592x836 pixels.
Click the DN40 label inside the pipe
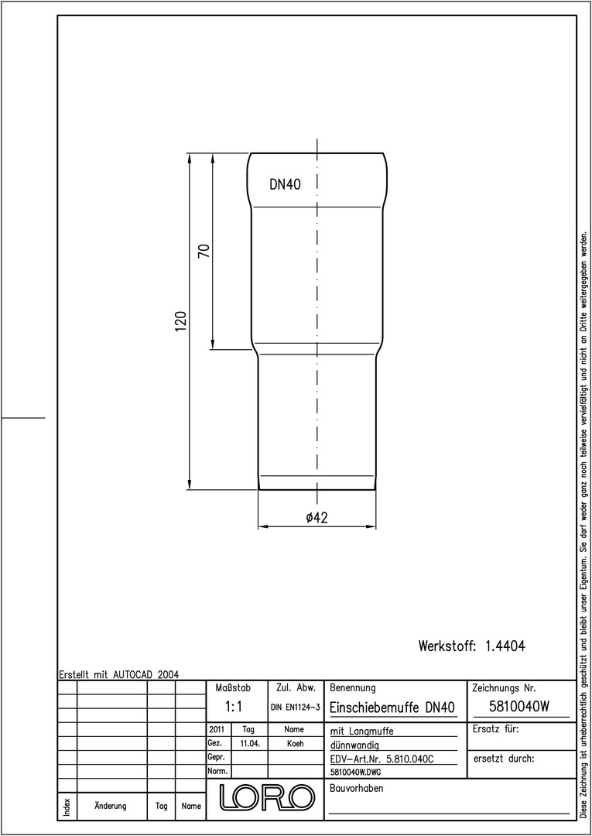(x=285, y=184)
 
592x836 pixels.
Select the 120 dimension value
(x=181, y=321)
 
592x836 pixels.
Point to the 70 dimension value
(x=205, y=251)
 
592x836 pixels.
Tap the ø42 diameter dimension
(x=317, y=517)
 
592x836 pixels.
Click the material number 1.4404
(x=505, y=646)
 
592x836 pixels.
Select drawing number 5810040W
(x=518, y=707)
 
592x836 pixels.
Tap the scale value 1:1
(x=234, y=707)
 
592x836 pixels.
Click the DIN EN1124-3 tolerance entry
(x=295, y=708)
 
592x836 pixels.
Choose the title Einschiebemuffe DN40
(x=392, y=708)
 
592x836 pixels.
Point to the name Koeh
(x=295, y=744)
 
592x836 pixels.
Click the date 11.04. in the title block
(x=249, y=744)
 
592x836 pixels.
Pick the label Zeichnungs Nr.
(x=504, y=688)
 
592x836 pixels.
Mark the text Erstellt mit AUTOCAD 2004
(x=119, y=674)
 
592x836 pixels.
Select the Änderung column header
(x=111, y=806)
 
